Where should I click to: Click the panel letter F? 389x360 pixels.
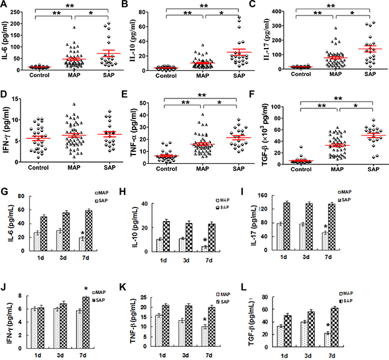pyautogui.click(x=268, y=97)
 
